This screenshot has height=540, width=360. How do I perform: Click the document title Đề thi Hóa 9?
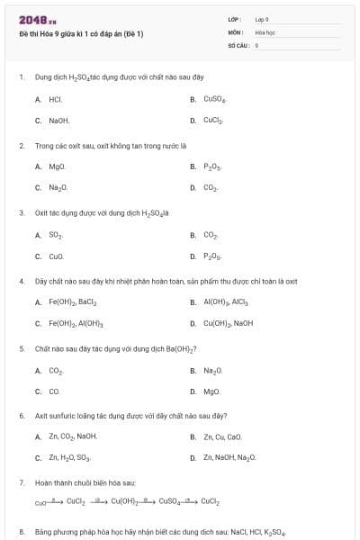coord(81,34)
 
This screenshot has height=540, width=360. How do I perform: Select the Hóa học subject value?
coord(264,31)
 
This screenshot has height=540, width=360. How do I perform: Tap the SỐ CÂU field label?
coord(237,44)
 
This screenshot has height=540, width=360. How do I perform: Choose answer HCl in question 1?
coord(55,99)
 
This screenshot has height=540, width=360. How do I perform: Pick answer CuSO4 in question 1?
coord(214,99)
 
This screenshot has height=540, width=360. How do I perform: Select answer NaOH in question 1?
coord(58,120)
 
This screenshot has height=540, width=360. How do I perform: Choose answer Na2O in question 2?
coord(58,187)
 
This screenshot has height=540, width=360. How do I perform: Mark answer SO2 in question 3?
coord(56,235)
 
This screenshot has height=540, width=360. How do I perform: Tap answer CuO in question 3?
coord(56,256)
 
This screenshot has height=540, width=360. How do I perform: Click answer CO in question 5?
coord(54,391)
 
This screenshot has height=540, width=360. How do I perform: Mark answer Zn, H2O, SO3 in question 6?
coord(69,457)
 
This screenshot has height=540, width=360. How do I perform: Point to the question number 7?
coord(22,482)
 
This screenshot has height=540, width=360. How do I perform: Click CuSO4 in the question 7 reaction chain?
coord(172,501)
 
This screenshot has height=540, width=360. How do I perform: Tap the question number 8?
coord(22,532)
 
